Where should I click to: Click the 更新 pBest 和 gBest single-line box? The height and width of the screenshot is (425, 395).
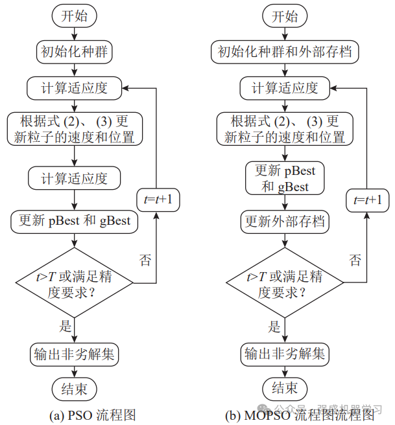point(75,220)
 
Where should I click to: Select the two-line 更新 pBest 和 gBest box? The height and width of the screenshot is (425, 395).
point(285,179)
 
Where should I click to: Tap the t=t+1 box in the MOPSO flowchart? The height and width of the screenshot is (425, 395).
point(368,200)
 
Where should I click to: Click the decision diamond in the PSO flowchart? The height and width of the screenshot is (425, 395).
point(75,283)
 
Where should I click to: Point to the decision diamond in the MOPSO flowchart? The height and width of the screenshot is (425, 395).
point(285,283)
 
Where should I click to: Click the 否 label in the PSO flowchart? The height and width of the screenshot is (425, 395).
point(146,260)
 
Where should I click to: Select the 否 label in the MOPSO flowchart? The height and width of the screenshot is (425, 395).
point(355,260)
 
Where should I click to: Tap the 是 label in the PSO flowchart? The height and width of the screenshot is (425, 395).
point(66,327)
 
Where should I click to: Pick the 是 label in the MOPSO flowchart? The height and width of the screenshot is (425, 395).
point(276,327)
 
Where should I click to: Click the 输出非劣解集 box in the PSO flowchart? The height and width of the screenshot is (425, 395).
point(75,354)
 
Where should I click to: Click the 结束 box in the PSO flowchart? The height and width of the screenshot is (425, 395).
point(75,389)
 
